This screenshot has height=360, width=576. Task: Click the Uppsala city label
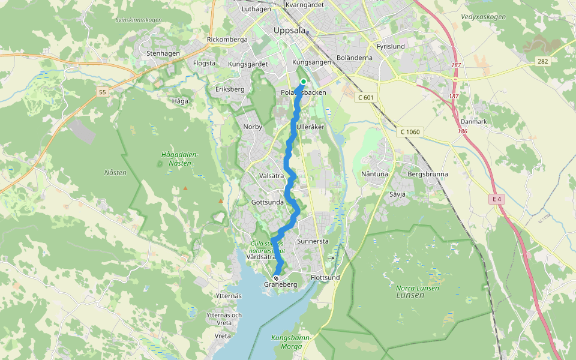pyautogui.click(x=289, y=30)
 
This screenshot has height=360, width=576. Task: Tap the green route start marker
pyautogui.click(x=304, y=82)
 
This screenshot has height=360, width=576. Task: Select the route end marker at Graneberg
pyautogui.click(x=276, y=278)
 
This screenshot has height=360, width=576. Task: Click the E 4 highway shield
pyautogui.click(x=496, y=199)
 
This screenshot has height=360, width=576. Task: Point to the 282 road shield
pyautogui.click(x=543, y=61)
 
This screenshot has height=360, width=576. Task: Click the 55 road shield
pyautogui.click(x=103, y=92)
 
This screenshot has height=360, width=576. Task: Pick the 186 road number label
pyautogui.click(x=461, y=131)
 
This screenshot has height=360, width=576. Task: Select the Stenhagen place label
pyautogui.click(x=163, y=53)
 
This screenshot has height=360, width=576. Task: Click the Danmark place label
pyautogui.click(x=473, y=121)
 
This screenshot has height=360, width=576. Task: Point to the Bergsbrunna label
pyautogui.click(x=427, y=174)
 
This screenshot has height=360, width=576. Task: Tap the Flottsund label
pyautogui.click(x=325, y=278)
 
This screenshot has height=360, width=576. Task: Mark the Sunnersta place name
pyautogui.click(x=313, y=241)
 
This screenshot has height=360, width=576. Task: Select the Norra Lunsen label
pyautogui.click(x=418, y=288)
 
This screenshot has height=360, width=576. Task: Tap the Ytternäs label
pyautogui.click(x=228, y=296)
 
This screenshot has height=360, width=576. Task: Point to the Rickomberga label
pyautogui.click(x=227, y=40)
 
